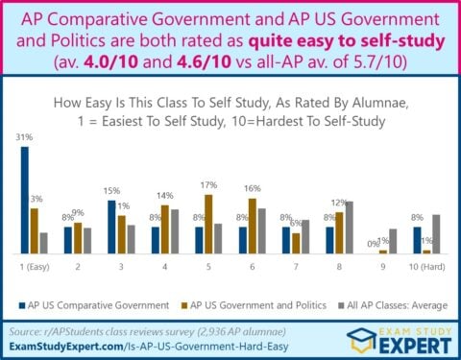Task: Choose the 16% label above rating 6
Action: [x=253, y=189]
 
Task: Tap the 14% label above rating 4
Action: [x=165, y=196]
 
